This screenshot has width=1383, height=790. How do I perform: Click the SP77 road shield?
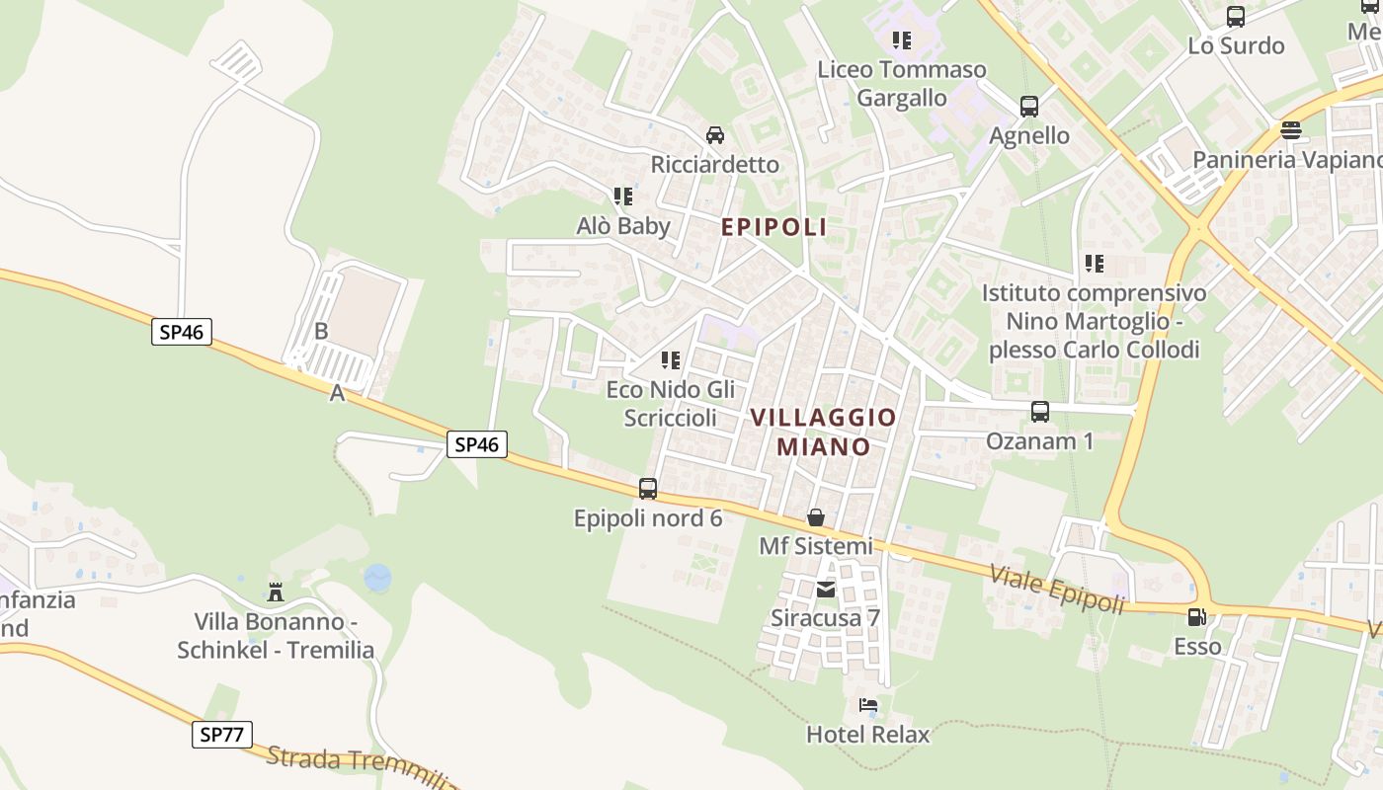(222, 734)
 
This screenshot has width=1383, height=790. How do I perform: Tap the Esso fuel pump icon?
(1196, 618)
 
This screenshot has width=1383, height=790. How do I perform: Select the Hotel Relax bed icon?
(868, 705)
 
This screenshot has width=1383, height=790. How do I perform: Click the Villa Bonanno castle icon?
(276, 592)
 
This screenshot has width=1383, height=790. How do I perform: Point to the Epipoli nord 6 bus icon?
(648, 488)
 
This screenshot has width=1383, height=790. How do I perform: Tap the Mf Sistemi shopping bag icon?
(816, 516)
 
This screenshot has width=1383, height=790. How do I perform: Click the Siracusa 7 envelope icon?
(825, 590)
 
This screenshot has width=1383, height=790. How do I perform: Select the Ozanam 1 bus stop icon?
(1039, 412)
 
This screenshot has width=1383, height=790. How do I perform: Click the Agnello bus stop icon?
(1028, 107)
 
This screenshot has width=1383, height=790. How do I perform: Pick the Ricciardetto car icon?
(715, 134)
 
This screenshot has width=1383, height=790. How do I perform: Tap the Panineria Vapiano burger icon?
(1290, 130)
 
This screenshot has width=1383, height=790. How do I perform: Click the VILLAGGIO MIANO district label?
(823, 432)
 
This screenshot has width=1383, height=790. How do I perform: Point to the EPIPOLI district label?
(773, 227)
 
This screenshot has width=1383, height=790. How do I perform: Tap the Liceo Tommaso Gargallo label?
(901, 83)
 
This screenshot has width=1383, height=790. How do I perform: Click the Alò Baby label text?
(623, 226)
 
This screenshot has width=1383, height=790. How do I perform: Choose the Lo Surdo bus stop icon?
(1235, 17)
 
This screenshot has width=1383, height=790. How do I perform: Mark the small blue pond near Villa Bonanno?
(377, 578)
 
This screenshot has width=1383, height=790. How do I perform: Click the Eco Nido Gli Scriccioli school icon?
(671, 360)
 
